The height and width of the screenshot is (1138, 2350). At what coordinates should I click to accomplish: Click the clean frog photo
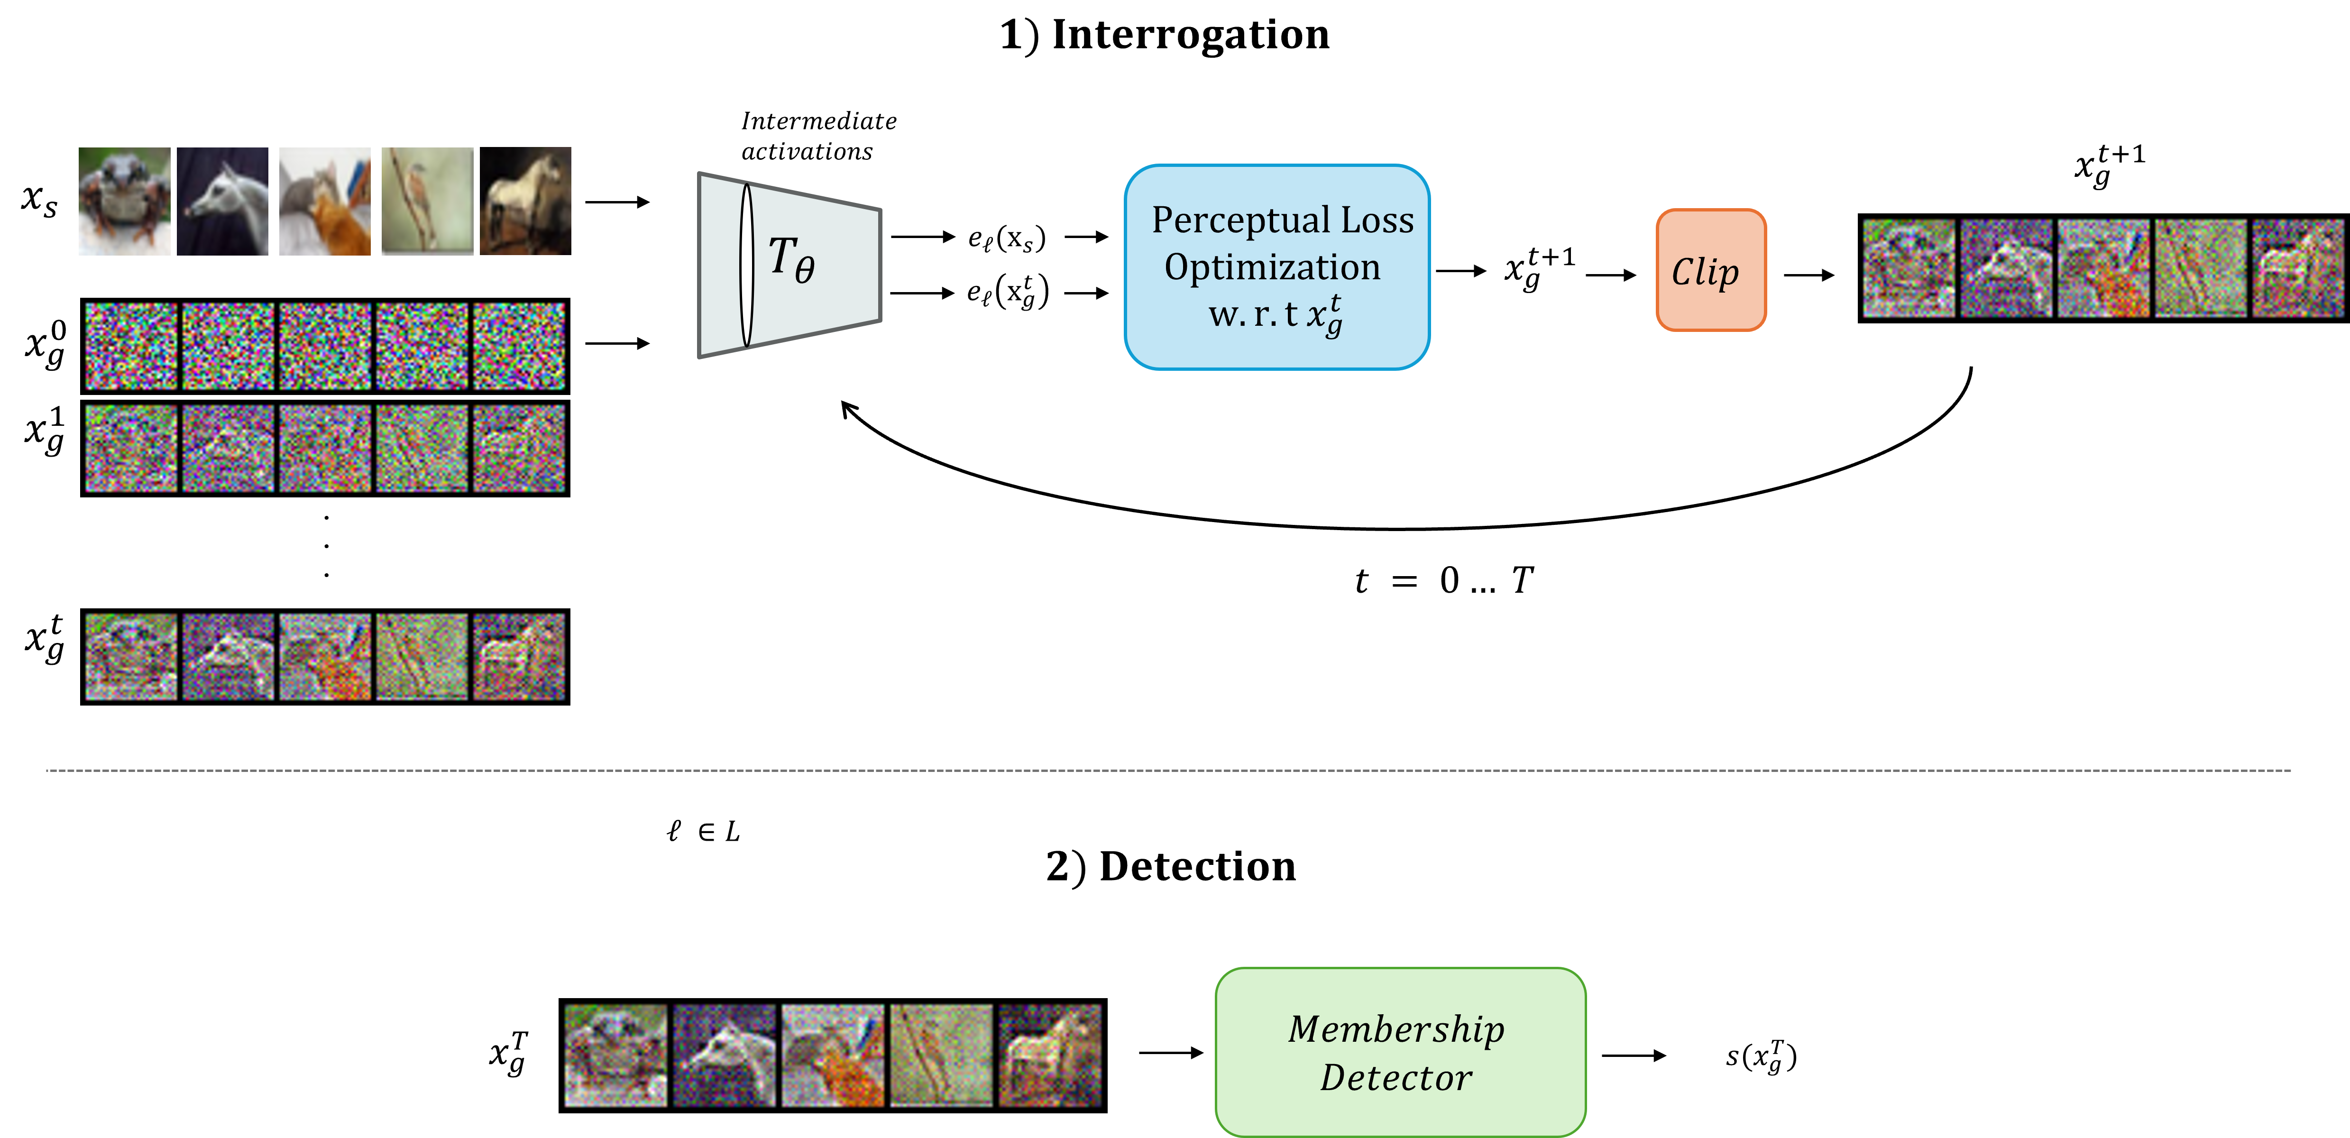tap(124, 201)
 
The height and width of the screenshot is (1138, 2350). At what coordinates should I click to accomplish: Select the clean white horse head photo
tap(222, 201)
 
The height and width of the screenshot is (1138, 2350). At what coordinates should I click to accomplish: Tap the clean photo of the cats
tap(325, 201)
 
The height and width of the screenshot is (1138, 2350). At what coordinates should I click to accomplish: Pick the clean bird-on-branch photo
tap(427, 201)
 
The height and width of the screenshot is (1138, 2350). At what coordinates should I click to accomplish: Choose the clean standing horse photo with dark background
tap(525, 201)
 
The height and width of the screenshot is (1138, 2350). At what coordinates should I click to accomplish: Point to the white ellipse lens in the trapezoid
tap(746, 265)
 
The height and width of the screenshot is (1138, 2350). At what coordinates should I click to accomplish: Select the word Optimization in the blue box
tap(1273, 267)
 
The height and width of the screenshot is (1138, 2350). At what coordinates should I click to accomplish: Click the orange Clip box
tap(1710, 270)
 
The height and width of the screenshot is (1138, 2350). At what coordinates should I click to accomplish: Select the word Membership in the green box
tap(1396, 1029)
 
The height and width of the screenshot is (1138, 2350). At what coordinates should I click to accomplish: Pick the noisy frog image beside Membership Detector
tap(616, 1056)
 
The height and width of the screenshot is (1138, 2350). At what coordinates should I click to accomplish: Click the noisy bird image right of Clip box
tap(2200, 268)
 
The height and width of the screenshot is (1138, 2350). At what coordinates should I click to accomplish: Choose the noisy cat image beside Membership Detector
tap(833, 1056)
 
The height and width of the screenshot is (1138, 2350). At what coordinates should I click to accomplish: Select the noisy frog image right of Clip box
tap(1909, 268)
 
